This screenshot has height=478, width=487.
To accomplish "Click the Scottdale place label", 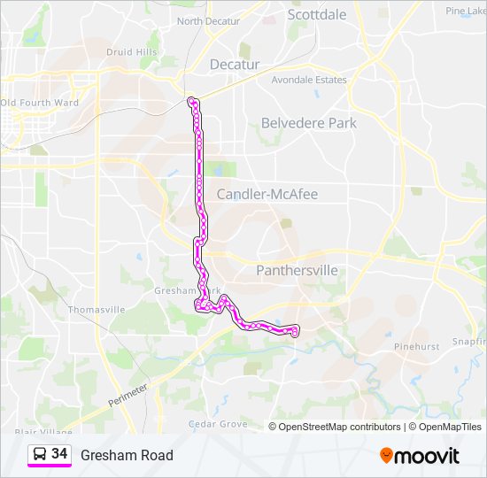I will point(317,14).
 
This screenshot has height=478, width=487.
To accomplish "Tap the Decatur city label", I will point(235,65).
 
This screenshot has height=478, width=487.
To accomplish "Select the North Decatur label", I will point(210,21).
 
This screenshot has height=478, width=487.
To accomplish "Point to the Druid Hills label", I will point(132,52).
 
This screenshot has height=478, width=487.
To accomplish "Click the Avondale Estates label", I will point(310,80).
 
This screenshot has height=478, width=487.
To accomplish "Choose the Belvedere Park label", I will point(308,123).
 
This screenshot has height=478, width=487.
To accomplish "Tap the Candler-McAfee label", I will point(267,194).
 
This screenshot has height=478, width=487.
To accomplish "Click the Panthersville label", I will point(297,270).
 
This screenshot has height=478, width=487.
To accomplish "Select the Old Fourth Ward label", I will point(40,103).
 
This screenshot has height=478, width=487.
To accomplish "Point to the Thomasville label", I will point(97,310).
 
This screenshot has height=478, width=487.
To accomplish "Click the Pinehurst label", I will point(416,347).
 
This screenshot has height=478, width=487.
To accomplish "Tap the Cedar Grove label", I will point(218,424).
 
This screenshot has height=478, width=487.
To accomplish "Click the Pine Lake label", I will point(467,11).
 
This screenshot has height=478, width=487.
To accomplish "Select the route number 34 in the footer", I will point(59,453).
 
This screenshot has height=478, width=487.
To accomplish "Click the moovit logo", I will point(420,456).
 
